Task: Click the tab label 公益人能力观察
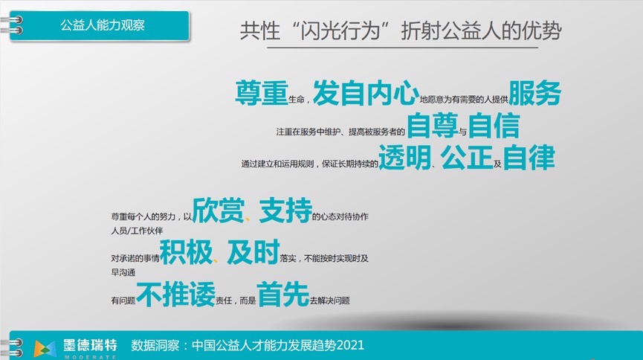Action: point(103,25)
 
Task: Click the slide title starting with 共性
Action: point(401,30)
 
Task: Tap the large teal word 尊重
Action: point(262,93)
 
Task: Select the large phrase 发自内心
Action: point(366,93)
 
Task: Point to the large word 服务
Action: point(534,93)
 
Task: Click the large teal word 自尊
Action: point(432,125)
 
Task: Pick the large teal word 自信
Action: point(494,126)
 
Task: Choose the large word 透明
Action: point(404,157)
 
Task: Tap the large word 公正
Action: point(467,157)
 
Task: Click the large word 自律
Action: point(529,157)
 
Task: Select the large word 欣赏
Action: point(218,210)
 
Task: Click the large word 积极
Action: point(186,252)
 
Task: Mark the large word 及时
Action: point(253,252)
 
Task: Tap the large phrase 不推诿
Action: point(176,294)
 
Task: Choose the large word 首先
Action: point(283,294)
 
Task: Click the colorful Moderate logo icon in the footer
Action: point(45,349)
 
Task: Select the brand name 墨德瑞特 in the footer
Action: point(90,345)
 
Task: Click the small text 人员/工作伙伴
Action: point(137,231)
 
